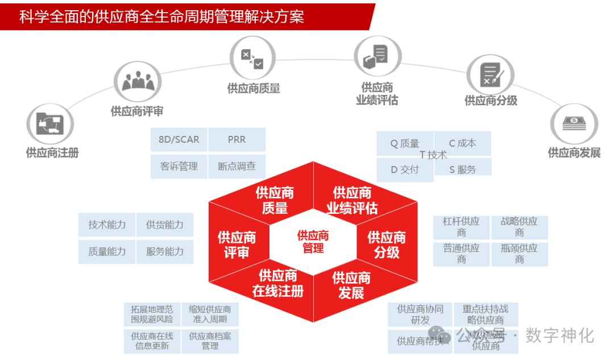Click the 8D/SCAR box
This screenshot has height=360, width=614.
tap(179, 140)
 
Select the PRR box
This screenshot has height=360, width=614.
tap(237, 140)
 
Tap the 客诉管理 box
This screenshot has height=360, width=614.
tap(179, 167)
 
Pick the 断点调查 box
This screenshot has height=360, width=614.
tap(237, 167)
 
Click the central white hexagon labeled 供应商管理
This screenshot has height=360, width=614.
tap(313, 242)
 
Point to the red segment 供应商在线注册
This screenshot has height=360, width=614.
tap(277, 284)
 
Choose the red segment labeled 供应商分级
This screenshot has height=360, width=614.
tap(387, 245)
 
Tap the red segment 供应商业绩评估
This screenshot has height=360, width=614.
tap(352, 200)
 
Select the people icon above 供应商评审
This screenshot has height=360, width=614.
tap(138, 81)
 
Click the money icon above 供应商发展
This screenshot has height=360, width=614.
tap(574, 123)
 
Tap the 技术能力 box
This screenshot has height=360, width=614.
tap(107, 225)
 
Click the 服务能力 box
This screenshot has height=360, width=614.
tap(165, 251)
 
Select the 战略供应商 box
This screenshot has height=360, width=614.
tap(519, 227)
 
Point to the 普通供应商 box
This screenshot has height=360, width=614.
tap(461, 254)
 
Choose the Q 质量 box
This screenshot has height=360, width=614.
tap(405, 144)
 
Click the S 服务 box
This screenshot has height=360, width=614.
tap(463, 169)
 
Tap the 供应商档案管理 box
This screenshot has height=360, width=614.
tap(210, 341)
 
